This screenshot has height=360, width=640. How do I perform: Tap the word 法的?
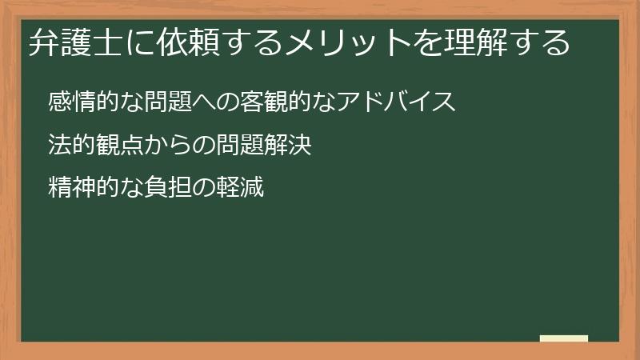click(69, 146)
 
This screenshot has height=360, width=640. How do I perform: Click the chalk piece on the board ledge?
click(564, 338)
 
